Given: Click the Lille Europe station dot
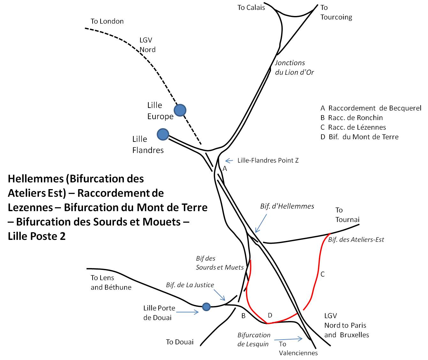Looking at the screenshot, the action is [180, 110].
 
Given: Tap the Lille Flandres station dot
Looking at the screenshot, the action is [163, 134].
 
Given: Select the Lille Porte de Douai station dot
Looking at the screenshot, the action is [206, 307].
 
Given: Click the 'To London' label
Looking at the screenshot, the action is [107, 21].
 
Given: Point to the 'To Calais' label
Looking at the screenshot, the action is [251, 8].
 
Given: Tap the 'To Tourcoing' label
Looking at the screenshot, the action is [336, 12].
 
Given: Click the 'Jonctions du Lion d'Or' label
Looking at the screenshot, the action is [294, 67].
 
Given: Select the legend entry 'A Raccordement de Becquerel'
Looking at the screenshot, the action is [371, 108].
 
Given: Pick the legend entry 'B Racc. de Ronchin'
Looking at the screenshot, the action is [351, 118].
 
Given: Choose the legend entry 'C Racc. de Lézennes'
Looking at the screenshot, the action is [353, 127].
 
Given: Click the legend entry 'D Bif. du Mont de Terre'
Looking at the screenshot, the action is [359, 137].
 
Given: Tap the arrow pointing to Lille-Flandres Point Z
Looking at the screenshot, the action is [229, 161].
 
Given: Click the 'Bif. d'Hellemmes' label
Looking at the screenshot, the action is [287, 206].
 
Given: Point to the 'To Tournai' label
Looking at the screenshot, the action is [347, 215].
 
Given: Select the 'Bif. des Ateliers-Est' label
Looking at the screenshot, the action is [356, 239].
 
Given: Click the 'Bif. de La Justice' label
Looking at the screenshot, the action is [190, 285].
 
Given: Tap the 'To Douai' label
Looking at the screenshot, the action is [180, 342].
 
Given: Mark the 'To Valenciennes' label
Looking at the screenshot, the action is [298, 348].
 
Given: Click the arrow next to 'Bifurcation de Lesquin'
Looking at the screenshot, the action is [288, 339].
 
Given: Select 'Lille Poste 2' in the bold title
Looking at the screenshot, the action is [37, 236].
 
